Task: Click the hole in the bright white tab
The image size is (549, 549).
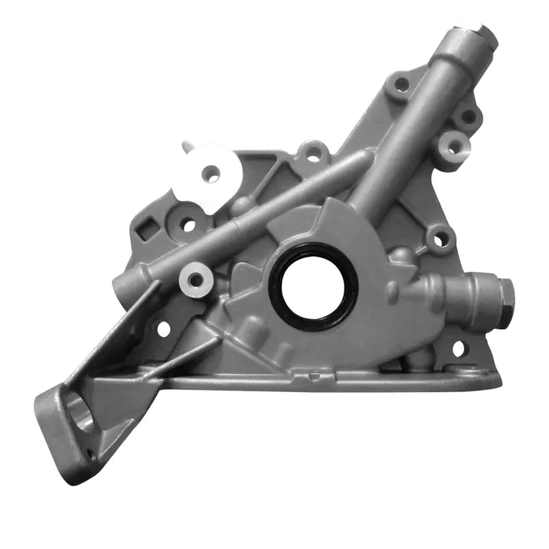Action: click(x=209, y=172)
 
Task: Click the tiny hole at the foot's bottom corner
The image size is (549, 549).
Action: click(x=90, y=452)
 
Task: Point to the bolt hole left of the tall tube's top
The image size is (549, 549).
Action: click(x=402, y=84)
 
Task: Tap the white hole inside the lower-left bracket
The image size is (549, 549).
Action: click(x=164, y=329)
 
